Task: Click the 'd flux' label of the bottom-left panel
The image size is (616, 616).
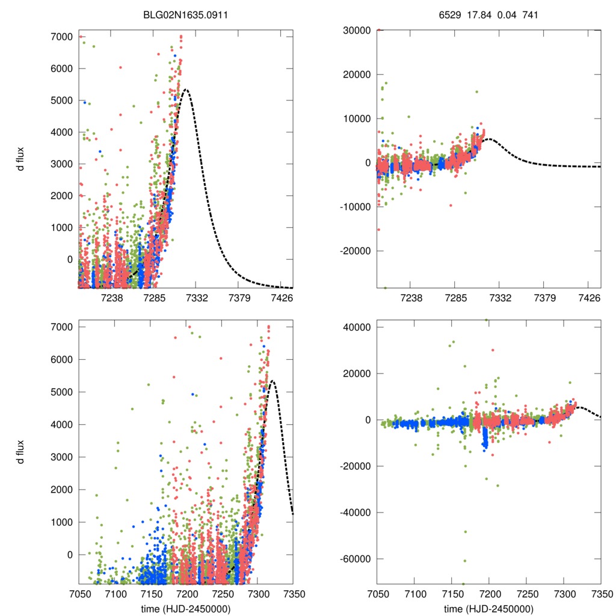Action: [21, 455]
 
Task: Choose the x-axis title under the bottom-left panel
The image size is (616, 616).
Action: [185, 608]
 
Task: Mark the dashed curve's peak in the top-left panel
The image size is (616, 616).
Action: [186, 90]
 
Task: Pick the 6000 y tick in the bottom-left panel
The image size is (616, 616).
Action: [63, 360]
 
